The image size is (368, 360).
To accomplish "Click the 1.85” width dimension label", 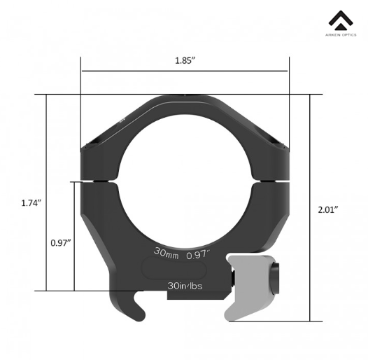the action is point(185,61).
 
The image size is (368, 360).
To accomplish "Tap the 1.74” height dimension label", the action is point(31,203).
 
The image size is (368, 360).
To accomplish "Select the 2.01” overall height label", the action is point(328,209).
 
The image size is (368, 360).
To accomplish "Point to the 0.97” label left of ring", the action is point(61,243).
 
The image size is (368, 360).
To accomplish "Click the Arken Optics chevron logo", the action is point(341,20).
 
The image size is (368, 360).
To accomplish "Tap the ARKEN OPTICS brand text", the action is point(341,35).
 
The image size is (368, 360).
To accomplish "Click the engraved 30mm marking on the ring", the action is point(167,253).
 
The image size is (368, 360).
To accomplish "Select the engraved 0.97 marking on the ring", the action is point(198,255).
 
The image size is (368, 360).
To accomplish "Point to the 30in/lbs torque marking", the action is point(185,286).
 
